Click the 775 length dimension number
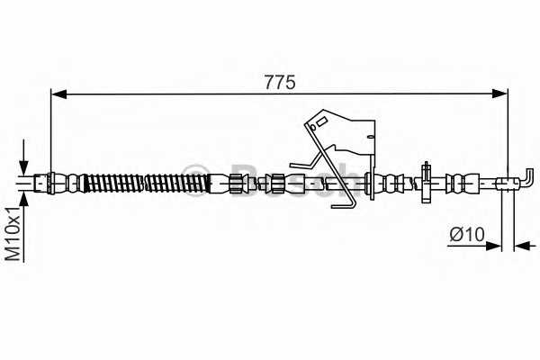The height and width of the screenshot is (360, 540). pos(280,82)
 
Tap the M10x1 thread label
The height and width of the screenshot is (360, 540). pos(13,234)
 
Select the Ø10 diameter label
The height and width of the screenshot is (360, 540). pos(467,234)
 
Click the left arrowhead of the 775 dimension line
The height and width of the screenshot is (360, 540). pos(58,94)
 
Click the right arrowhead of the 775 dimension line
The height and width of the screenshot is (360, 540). pos(499,94)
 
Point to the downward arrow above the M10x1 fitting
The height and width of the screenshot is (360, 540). pos(23,157)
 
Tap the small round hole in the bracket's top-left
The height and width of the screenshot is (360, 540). pos(312,128)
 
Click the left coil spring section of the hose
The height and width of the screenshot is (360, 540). pos(113,184)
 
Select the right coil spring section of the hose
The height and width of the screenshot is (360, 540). pos(177,184)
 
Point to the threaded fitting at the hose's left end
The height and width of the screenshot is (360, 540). pos(42,183)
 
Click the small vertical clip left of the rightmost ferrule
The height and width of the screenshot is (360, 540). pos(427,182)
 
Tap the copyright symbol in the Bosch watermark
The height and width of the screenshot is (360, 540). pos(195,180)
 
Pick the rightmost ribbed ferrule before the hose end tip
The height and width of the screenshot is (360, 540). pos(463,183)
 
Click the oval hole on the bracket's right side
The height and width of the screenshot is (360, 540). pos(371,137)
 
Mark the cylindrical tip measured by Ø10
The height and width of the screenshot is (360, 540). pos(506,183)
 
